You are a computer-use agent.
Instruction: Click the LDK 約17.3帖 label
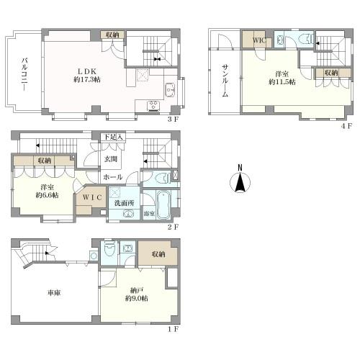87,76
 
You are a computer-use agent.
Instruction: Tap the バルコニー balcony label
24,74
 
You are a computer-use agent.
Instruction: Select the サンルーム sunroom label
225,81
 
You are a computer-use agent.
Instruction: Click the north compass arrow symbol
240,181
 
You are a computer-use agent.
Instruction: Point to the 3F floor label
173,120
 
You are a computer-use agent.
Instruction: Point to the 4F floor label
346,126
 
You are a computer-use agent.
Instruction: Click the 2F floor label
173,227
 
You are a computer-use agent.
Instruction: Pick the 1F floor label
173,329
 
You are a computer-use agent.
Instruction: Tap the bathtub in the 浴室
163,204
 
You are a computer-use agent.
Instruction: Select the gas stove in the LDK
153,106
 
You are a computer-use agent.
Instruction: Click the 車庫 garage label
54,293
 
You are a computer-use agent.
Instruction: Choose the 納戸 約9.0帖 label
136,294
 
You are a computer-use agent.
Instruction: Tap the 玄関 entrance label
111,159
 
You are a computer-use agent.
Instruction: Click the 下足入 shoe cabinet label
113,137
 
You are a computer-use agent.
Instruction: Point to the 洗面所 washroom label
124,203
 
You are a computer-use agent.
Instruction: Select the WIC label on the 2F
92,197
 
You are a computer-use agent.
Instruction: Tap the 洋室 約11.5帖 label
282,78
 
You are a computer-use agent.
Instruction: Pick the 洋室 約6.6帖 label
47,192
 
